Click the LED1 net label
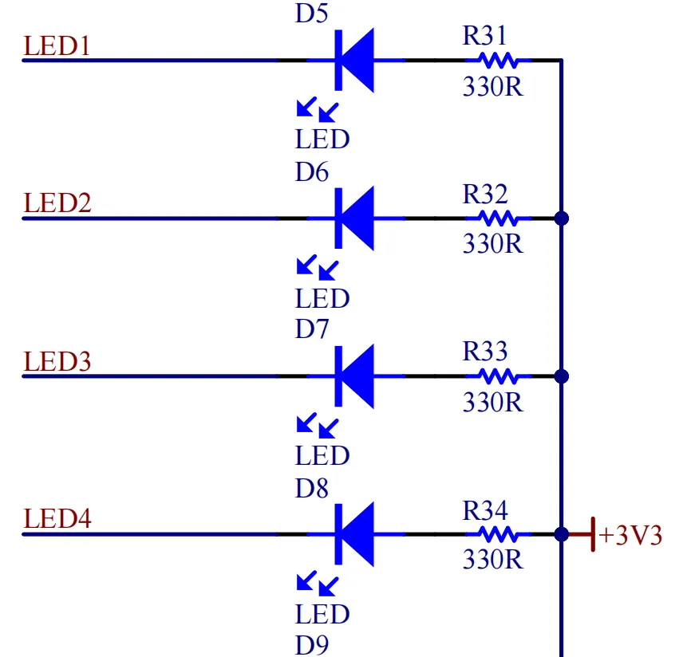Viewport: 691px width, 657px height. point(57,45)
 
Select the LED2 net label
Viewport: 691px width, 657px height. point(57,203)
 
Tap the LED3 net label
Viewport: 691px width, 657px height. point(57,361)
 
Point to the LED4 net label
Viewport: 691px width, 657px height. point(57,519)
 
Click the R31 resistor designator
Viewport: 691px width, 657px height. point(484,36)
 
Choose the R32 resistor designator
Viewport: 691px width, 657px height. point(484,194)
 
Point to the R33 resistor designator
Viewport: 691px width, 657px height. point(484,352)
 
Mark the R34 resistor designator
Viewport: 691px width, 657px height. point(484,509)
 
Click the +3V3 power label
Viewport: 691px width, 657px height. point(630,535)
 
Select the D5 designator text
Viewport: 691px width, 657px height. point(312,14)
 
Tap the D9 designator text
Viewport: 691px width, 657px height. point(312,644)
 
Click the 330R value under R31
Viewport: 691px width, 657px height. point(492,86)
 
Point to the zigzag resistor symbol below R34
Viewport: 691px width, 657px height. point(498,534)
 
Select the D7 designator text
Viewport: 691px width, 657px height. point(312,329)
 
